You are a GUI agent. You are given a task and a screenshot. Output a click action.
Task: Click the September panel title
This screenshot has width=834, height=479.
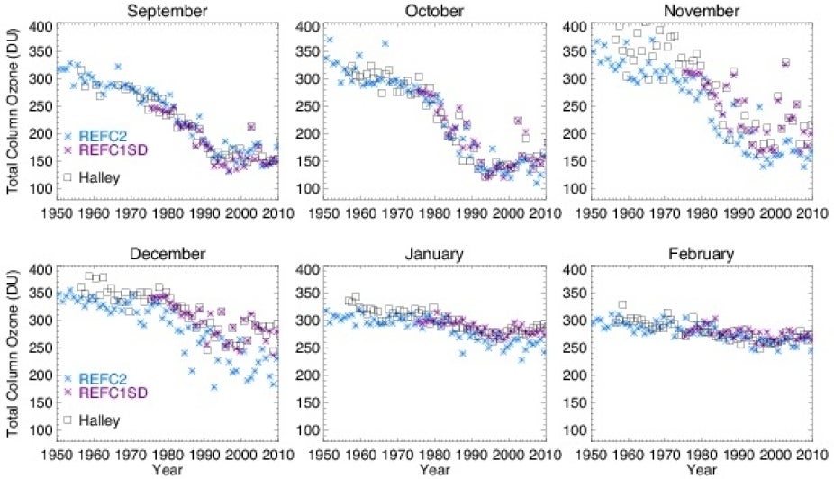(169, 11)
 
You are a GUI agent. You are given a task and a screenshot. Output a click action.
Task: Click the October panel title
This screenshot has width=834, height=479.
(434, 11)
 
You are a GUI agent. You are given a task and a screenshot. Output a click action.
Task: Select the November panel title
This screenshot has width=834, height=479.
(702, 11)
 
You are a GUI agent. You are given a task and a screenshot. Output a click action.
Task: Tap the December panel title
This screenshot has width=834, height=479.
(169, 254)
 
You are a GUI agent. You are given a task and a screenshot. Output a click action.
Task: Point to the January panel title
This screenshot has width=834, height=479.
(434, 254)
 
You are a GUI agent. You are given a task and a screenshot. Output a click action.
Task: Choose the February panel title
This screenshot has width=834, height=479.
(702, 254)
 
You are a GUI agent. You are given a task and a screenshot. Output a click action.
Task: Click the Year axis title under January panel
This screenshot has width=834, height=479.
(434, 470)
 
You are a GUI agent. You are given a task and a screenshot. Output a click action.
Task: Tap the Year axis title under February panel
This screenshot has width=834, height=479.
(702, 470)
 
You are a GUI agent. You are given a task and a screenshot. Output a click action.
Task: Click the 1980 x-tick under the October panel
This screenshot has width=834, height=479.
(435, 213)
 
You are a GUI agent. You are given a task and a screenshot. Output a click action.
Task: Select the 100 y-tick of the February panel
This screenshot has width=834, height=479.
(575, 430)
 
